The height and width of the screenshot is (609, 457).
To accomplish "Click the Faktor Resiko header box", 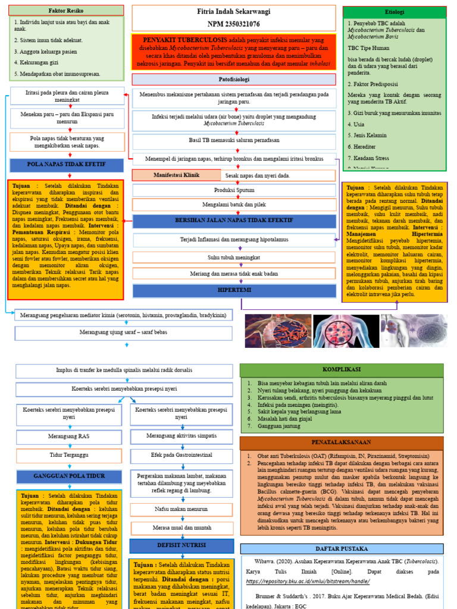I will click(66, 11).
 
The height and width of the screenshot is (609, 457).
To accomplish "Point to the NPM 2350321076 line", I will click(233, 24).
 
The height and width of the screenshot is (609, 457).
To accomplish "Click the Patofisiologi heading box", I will click(233, 79).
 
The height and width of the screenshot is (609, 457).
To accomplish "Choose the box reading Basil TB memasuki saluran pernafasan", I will click(234, 141).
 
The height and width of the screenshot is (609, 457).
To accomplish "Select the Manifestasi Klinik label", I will click(177, 175).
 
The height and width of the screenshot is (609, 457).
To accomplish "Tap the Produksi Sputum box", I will click(234, 190).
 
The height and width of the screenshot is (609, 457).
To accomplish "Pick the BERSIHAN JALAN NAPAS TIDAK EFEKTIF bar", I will click(234, 221).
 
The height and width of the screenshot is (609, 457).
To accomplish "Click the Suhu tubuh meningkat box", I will click(234, 258).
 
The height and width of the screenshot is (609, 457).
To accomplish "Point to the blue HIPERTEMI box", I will click(234, 290).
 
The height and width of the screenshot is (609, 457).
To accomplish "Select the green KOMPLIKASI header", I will click(341, 370).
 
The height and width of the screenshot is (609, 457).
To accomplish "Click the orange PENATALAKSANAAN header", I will click(341, 442).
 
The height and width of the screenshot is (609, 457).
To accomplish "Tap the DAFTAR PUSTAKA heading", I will click(341, 548).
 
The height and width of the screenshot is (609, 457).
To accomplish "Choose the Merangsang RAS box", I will click(68, 436).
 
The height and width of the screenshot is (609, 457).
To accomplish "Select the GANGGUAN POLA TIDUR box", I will click(68, 476).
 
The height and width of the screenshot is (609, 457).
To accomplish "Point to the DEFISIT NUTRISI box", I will click(181, 545).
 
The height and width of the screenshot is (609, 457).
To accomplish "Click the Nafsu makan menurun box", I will click(181, 509).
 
